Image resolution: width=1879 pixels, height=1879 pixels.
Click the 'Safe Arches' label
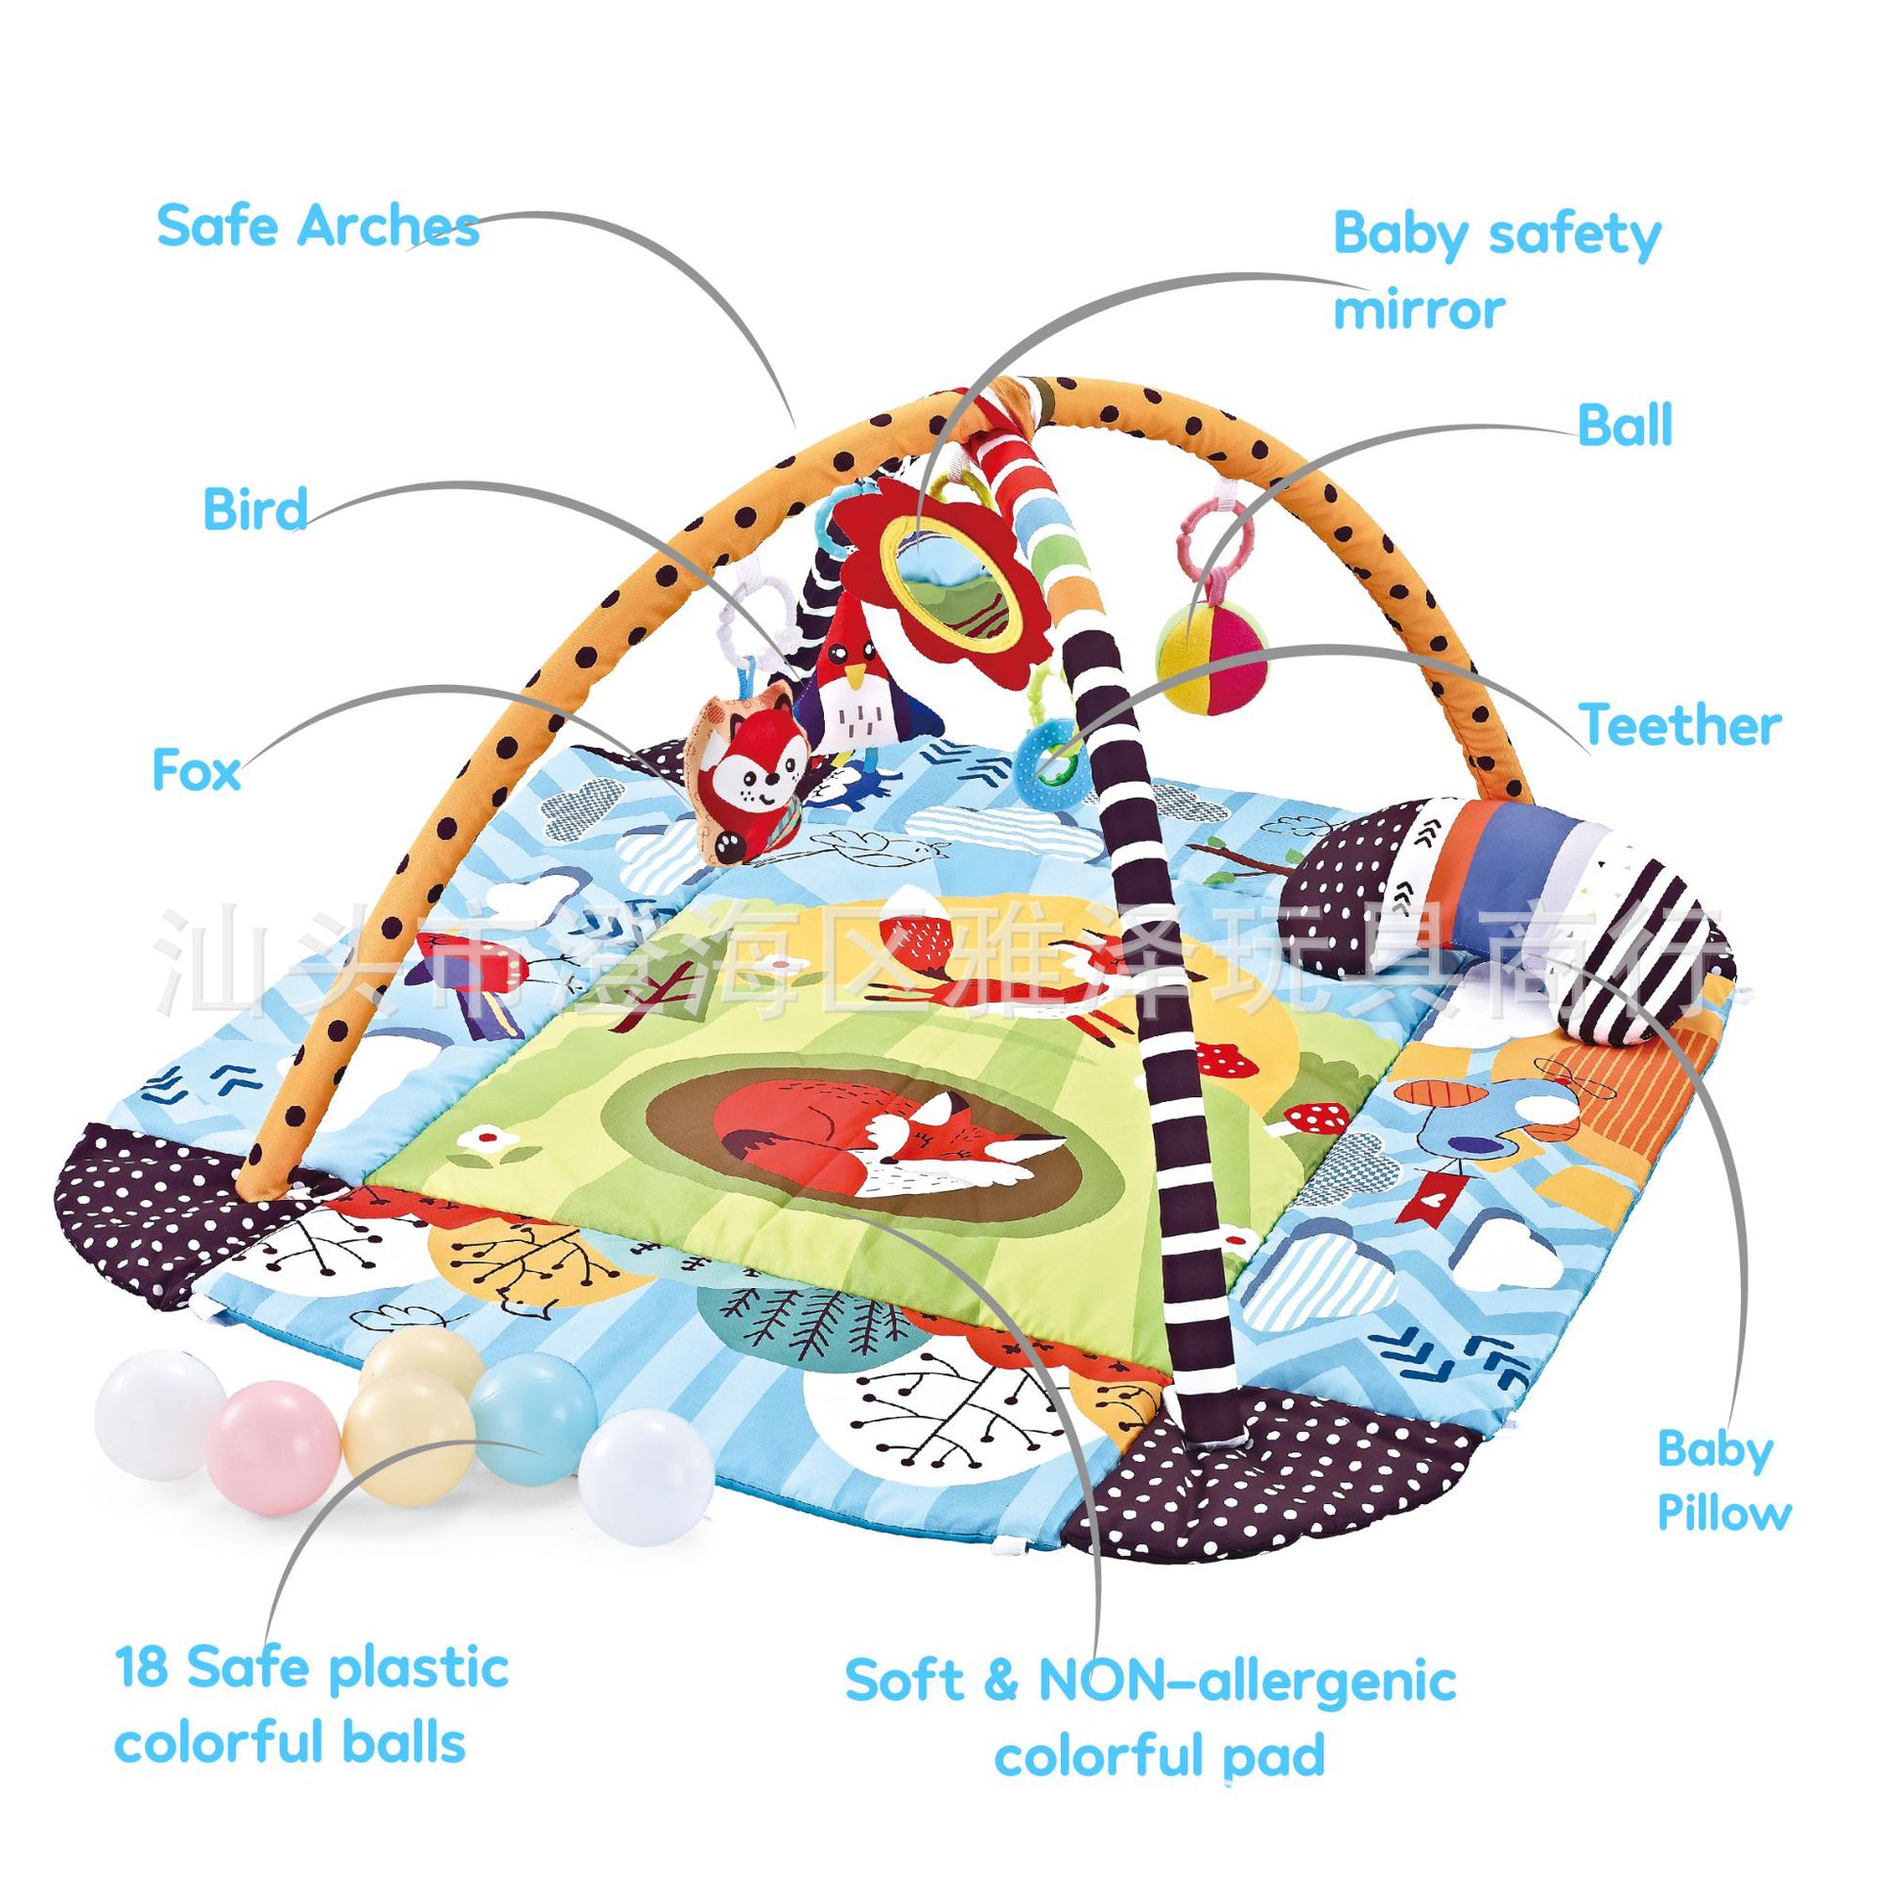pyautogui.click(x=317, y=226)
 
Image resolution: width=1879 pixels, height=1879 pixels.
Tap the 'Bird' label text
pyautogui.click(x=253, y=509)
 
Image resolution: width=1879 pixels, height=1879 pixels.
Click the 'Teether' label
pyautogui.click(x=1679, y=726)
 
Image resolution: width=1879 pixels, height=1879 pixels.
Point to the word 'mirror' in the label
pyautogui.click(x=1419, y=310)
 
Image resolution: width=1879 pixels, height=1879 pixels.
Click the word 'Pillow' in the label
pyautogui.click(x=1724, y=1513)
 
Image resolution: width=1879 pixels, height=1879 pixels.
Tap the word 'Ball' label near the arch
pyautogui.click(x=1625, y=426)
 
